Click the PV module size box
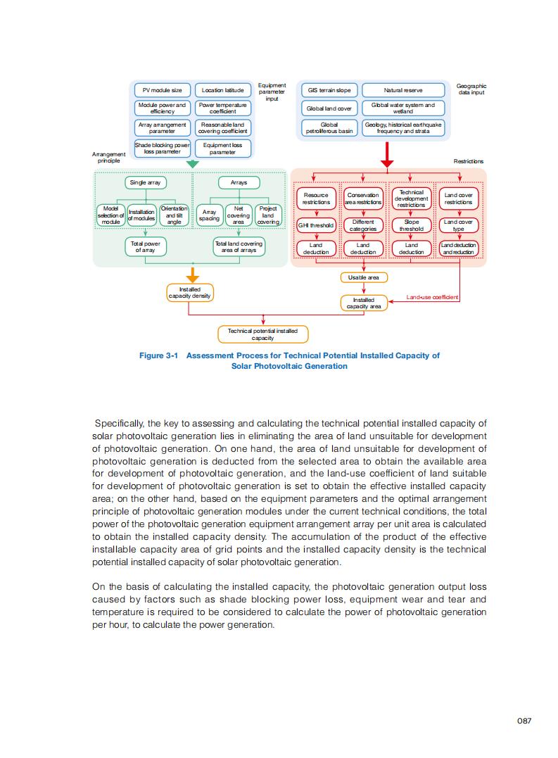[x=162, y=90]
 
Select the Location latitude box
[x=222, y=90]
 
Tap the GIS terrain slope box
[x=329, y=90]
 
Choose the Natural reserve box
[x=403, y=90]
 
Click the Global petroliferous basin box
[x=329, y=127]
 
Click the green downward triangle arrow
[x=193, y=163]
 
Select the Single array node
[x=145, y=183]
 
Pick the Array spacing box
[x=209, y=215]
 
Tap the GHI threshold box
[x=316, y=226]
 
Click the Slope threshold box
[x=411, y=225]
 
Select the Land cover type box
[x=458, y=225]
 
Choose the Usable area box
[x=363, y=277]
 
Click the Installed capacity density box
[x=189, y=293]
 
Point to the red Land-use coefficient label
[x=432, y=298]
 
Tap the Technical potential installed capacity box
[x=262, y=334]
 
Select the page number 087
[x=524, y=721]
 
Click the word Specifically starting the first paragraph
[x=119, y=424]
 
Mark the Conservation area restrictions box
[x=363, y=198]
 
